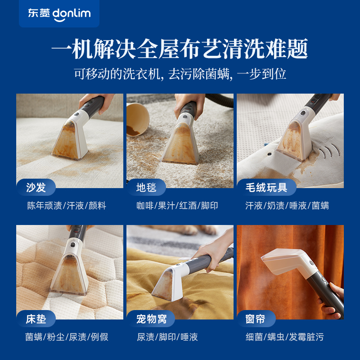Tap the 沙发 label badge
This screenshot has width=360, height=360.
click(x=36, y=187)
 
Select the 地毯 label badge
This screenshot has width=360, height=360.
click(x=147, y=187)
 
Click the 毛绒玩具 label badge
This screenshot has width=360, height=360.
click(x=265, y=187)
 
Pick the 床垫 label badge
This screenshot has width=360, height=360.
click(x=36, y=319)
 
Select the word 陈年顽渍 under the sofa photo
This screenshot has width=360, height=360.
click(x=45, y=206)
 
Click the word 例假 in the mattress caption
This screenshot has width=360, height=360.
click(x=99, y=337)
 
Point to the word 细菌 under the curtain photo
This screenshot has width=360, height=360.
click(x=254, y=337)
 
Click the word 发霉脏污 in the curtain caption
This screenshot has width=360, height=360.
click(x=306, y=337)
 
